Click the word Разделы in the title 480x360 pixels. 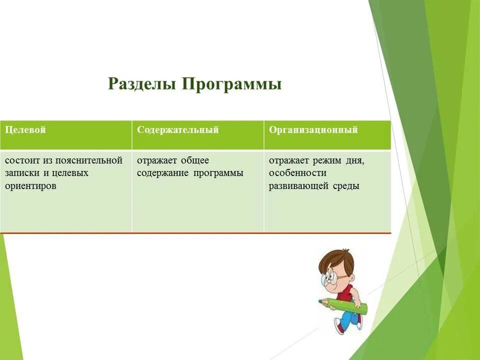click(142, 83)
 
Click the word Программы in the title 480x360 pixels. click(231, 84)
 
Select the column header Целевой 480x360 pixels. click(25, 130)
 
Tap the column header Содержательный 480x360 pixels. click(178, 130)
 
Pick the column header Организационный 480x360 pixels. click(313, 130)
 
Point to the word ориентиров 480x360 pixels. click(30, 185)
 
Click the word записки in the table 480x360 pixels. click(19, 173)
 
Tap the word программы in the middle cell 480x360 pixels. click(220, 173)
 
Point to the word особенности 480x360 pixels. click(297, 173)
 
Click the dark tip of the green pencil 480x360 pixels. click(320, 301)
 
